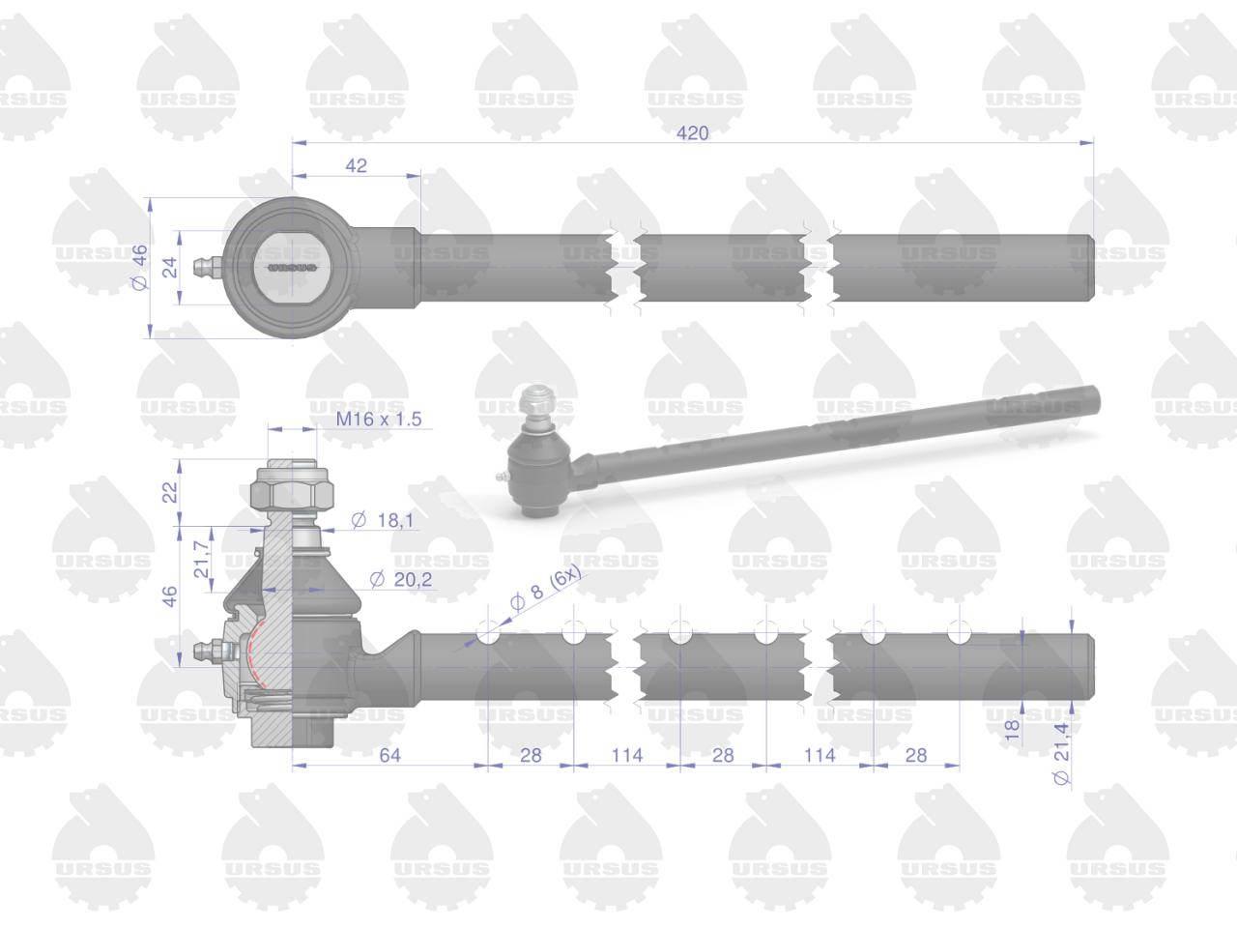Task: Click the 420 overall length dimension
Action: point(693,133)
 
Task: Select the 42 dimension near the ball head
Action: point(356,165)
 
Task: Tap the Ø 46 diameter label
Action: point(140,267)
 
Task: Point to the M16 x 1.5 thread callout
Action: point(379,420)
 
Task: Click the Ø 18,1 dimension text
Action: point(383,520)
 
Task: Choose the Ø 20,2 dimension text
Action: point(401,579)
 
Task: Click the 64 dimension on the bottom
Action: point(390,755)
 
